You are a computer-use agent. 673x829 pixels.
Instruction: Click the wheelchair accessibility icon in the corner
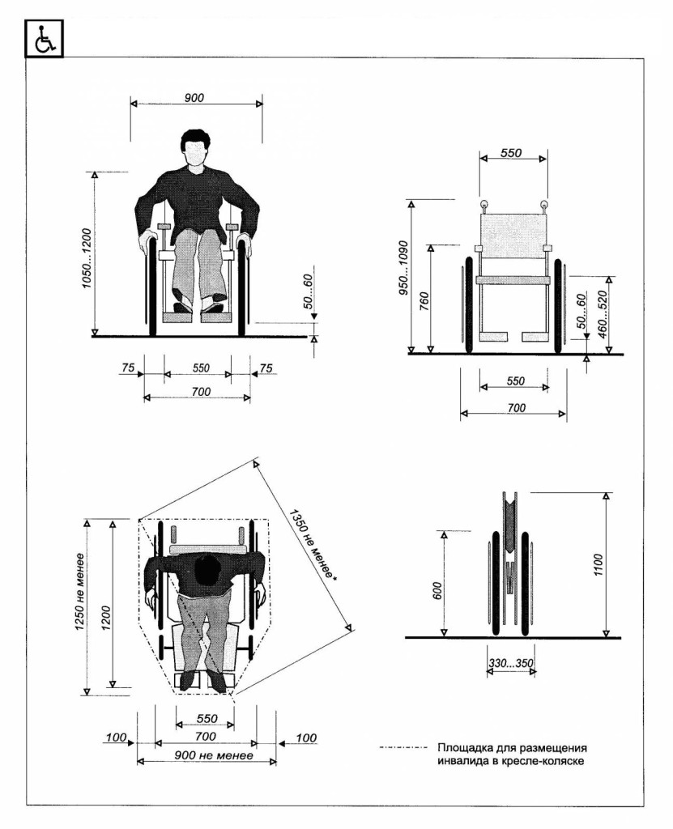coord(44,38)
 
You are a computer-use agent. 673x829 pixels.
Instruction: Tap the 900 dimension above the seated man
coord(194,98)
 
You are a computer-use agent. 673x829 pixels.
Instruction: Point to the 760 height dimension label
coord(424,301)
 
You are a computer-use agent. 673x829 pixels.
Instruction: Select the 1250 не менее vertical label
coord(80,592)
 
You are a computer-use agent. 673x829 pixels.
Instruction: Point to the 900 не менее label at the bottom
coord(214,755)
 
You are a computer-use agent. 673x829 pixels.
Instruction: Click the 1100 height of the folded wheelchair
coord(598,564)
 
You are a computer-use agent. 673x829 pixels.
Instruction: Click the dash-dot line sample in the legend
coord(403,747)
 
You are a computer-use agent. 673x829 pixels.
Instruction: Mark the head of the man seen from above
coord(207,570)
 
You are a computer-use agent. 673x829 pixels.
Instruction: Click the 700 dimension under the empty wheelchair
coord(517,408)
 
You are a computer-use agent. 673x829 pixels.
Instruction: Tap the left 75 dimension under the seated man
coord(127,368)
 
